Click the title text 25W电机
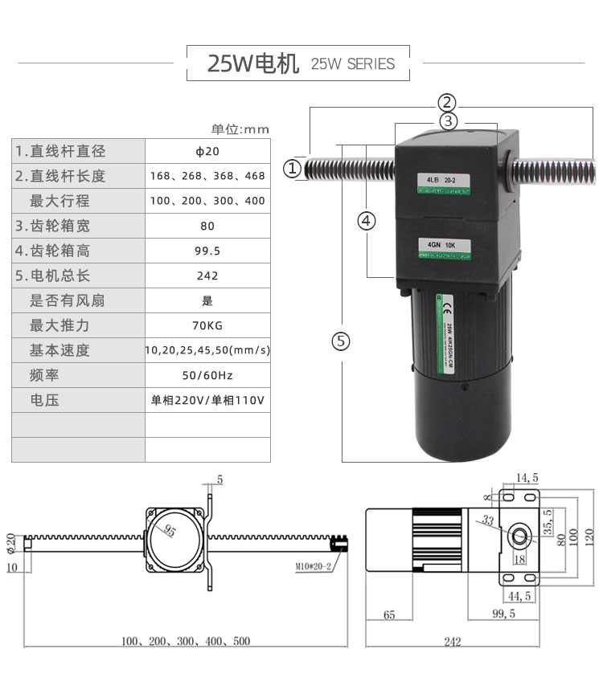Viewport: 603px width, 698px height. click(x=252, y=63)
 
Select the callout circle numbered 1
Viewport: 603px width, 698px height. click(x=293, y=169)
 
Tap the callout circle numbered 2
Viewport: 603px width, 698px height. click(x=447, y=102)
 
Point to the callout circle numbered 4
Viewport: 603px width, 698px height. click(x=367, y=220)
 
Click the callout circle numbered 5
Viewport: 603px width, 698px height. click(x=342, y=341)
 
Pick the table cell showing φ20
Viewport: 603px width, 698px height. click(x=207, y=151)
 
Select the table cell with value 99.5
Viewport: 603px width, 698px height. click(x=207, y=251)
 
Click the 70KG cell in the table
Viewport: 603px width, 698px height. click(x=207, y=325)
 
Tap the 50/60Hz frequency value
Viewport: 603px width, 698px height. click(x=207, y=375)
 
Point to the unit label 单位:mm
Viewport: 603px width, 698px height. click(x=240, y=129)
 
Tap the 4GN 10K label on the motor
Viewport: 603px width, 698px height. click(x=442, y=244)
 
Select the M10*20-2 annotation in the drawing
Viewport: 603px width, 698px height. click(x=314, y=566)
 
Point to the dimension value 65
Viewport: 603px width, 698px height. click(x=389, y=614)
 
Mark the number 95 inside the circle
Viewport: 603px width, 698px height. click(x=170, y=531)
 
